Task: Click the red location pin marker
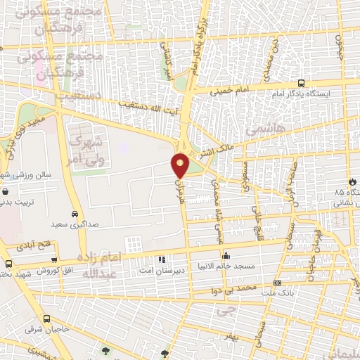pos(181,165)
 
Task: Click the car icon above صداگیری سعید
pos(75,214)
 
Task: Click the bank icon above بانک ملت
pos(276,283)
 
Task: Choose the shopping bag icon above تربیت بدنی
pos(6,191)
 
